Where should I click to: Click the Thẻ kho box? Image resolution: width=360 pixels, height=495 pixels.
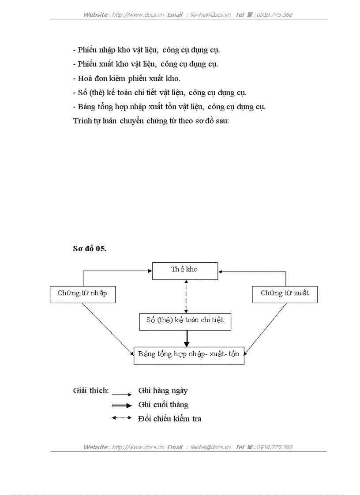(185, 271)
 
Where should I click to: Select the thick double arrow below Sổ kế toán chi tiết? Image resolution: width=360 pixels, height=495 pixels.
(186, 339)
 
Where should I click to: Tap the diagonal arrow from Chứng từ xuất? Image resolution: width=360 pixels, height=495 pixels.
(266, 328)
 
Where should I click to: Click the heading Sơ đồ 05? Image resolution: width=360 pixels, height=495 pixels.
(90, 249)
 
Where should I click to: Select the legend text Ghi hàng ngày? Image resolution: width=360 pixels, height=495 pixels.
(163, 391)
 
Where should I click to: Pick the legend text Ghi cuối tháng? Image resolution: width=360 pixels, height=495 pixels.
(163, 405)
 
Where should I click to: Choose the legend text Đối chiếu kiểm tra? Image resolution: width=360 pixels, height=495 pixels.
(170, 419)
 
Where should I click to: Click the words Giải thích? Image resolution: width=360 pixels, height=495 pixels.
(91, 391)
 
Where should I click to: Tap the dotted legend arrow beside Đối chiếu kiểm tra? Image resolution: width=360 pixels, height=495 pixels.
(121, 417)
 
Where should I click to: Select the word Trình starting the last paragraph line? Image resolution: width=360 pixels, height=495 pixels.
(82, 121)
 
